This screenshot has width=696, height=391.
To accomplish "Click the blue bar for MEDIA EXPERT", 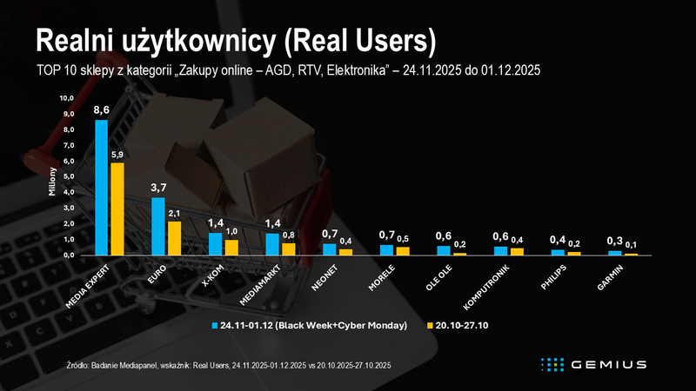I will coord(101,187).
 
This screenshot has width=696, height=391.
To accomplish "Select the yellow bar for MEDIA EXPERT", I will coord(117,209).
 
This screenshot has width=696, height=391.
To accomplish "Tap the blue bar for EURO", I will coord(157,226).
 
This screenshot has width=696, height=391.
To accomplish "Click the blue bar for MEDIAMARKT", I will coord(271,244).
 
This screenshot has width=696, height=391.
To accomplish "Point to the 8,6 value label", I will coord(101,110).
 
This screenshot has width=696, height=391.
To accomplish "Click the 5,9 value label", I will coord(117,156).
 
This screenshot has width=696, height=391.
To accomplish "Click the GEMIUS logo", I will coord(592,363).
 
